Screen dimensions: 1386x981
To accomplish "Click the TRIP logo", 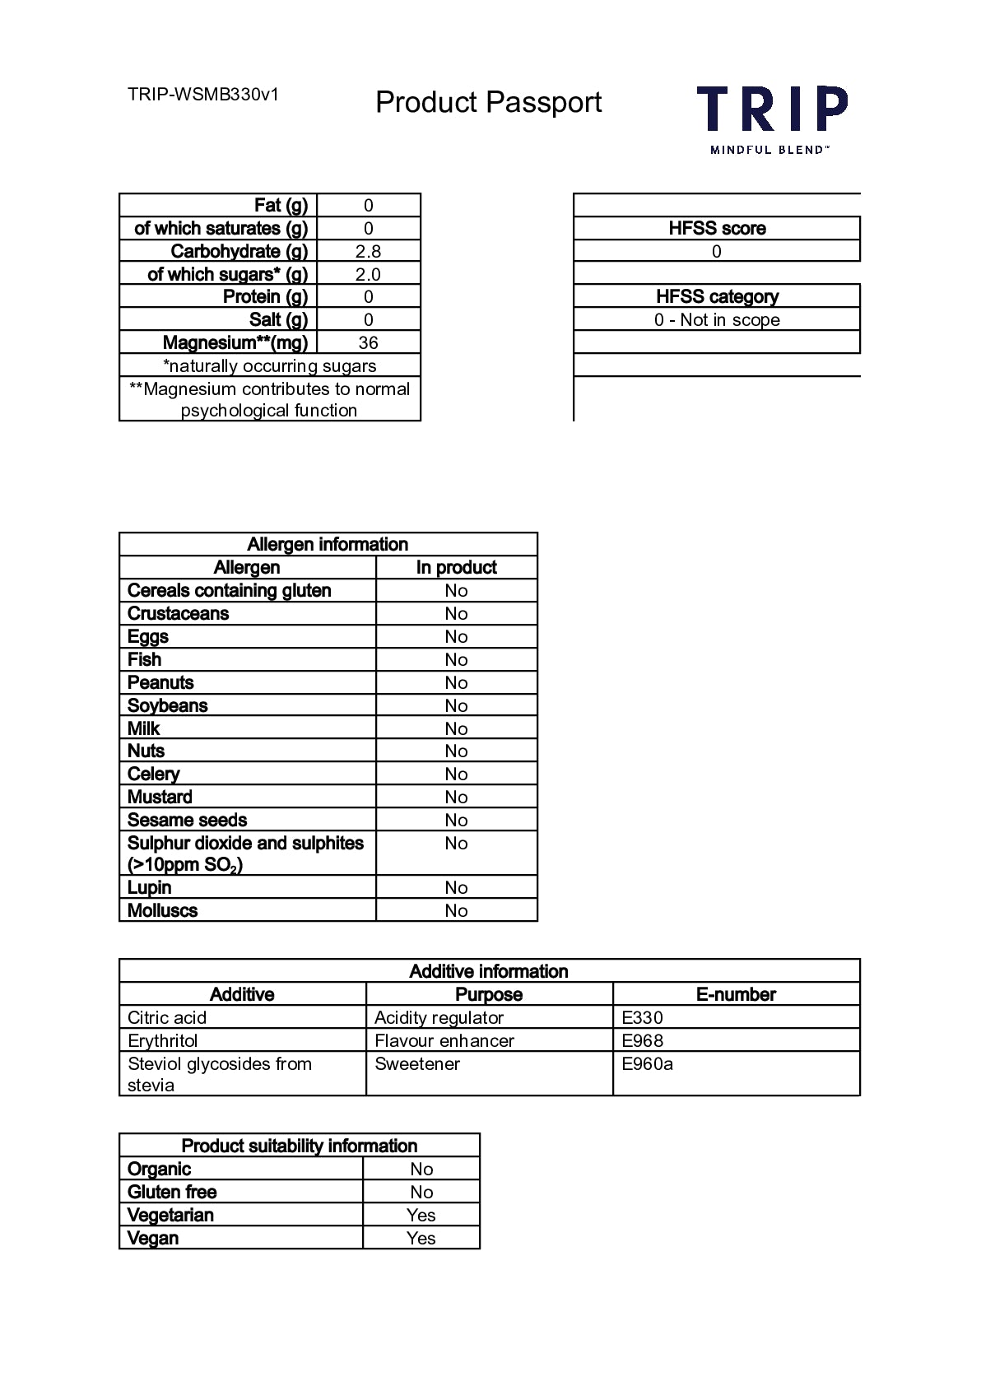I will point(771,118).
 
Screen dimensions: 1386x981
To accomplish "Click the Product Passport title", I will point(488,102).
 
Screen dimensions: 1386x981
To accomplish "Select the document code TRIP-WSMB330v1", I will point(203,95).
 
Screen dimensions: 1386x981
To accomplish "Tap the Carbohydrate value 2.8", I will point(368,252).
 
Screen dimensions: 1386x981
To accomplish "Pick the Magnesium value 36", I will point(368,343).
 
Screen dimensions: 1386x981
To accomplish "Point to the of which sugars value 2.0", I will point(368,275).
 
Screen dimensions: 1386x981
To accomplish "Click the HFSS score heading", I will point(717,229).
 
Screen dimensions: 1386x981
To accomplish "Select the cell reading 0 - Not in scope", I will point(717,320).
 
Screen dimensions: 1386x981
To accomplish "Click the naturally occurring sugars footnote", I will point(269,366).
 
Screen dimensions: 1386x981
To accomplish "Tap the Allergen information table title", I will point(328,545).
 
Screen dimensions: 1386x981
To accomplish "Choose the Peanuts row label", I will point(161,683).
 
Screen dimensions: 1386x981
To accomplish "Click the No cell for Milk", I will point(456,729).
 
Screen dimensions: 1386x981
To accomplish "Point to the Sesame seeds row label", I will point(188,821).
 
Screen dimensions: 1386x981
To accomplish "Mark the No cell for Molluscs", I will point(456,911).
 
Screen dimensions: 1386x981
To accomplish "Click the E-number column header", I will point(736,995).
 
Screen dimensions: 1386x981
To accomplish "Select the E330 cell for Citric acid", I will point(643,1018).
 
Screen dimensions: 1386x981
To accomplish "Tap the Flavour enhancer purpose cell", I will point(444,1041).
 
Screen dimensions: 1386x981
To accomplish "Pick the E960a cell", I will point(648,1064).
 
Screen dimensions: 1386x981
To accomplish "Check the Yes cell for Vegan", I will point(421,1239).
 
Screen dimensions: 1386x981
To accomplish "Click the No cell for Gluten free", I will point(421,1193).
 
